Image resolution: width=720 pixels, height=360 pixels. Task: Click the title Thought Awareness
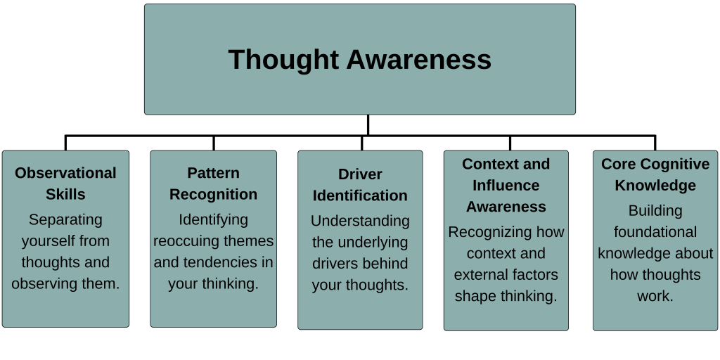[x=359, y=60]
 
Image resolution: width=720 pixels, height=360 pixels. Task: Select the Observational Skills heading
[x=65, y=184]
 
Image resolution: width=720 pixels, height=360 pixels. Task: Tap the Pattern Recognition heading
[x=214, y=184]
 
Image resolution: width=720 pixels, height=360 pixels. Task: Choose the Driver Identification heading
[x=360, y=185]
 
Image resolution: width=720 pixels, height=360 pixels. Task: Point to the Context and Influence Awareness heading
[x=506, y=185]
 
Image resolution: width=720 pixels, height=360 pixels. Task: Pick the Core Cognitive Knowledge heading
[x=655, y=174]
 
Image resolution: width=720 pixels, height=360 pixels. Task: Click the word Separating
[x=65, y=219]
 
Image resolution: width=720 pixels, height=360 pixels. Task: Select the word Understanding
[x=360, y=221]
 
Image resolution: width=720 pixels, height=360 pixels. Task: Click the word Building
[x=655, y=211]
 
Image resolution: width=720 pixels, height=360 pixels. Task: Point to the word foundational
[x=655, y=232]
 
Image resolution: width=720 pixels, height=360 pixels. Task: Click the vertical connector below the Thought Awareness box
[x=368, y=125]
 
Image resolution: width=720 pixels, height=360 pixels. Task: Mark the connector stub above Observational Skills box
[x=65, y=143]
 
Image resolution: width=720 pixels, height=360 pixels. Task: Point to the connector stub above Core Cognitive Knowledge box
[x=655, y=143]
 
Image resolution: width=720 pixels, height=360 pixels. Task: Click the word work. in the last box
[x=655, y=296]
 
